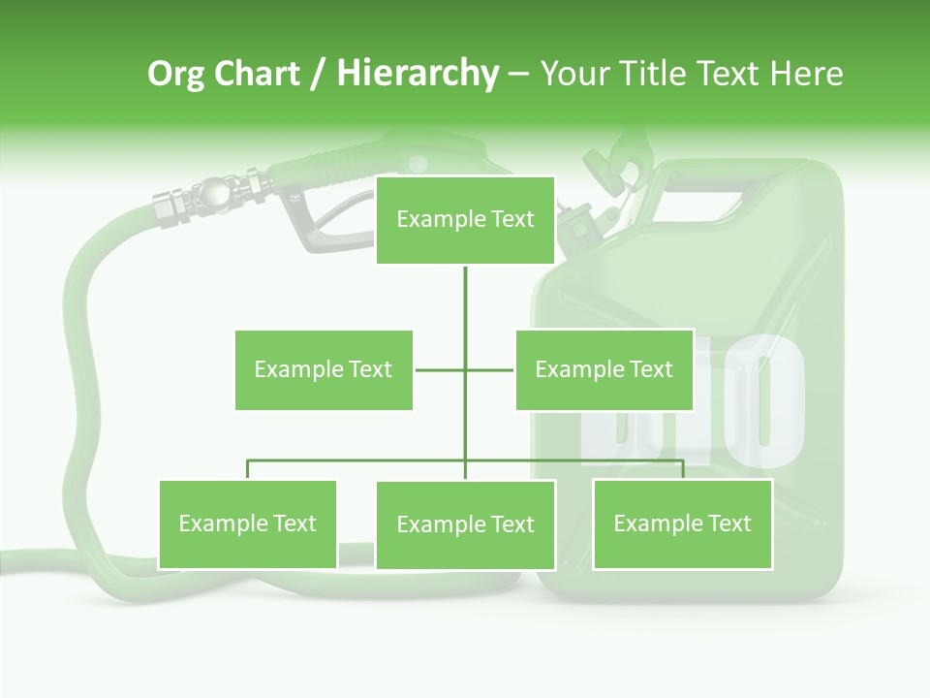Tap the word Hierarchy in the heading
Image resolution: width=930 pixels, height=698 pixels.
point(417,74)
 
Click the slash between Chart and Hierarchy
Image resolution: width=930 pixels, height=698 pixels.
point(318,75)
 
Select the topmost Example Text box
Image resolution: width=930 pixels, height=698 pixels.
point(465,220)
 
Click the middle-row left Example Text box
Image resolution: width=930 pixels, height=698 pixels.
point(324,369)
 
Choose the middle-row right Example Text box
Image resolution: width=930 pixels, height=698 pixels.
point(604,369)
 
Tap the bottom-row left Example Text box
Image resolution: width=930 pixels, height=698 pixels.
point(247,523)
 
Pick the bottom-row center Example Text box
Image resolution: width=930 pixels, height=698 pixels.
point(465,524)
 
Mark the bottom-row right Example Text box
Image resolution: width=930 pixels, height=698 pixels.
point(682,523)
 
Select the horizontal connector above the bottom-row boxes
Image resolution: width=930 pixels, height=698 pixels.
point(358,460)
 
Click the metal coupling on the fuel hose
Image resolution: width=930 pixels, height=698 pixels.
point(208,195)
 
